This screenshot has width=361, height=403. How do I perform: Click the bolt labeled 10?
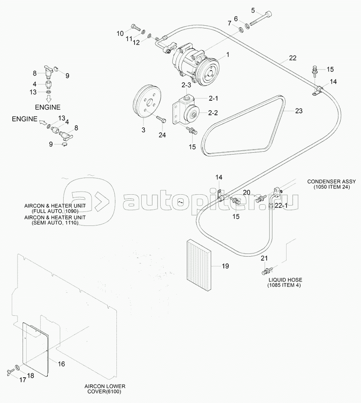tap(135, 26)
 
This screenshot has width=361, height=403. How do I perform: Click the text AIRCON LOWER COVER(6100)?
tap(105, 389)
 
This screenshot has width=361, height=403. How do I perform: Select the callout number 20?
tap(247, 192)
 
